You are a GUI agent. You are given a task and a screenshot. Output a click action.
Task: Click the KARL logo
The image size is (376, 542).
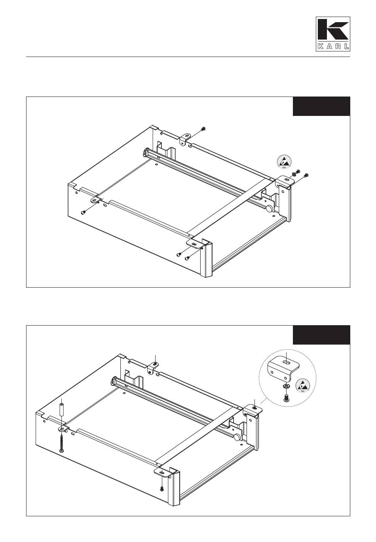tap(332, 34)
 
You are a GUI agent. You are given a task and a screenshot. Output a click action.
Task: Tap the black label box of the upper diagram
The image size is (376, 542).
tap(321, 106)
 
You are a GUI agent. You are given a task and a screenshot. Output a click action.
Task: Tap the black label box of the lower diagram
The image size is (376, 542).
tap(321, 335)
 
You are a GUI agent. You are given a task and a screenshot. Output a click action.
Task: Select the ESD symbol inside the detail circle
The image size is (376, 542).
tap(303, 386)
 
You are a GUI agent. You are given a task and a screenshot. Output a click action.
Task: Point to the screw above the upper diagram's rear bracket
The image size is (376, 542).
tap(203, 129)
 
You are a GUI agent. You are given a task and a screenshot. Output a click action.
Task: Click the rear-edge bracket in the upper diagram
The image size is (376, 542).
tap(185, 138)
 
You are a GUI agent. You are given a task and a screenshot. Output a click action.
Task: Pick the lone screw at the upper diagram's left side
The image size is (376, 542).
tap(83, 212)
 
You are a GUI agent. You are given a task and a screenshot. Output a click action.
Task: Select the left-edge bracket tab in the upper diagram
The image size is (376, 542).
tap(95, 200)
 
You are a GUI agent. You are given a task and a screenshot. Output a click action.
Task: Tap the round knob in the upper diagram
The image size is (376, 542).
tap(269, 208)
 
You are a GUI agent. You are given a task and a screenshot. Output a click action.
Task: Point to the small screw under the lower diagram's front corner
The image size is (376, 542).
tap(162, 489)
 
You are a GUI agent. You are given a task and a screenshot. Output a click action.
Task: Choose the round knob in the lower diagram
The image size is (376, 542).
tap(237, 437)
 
